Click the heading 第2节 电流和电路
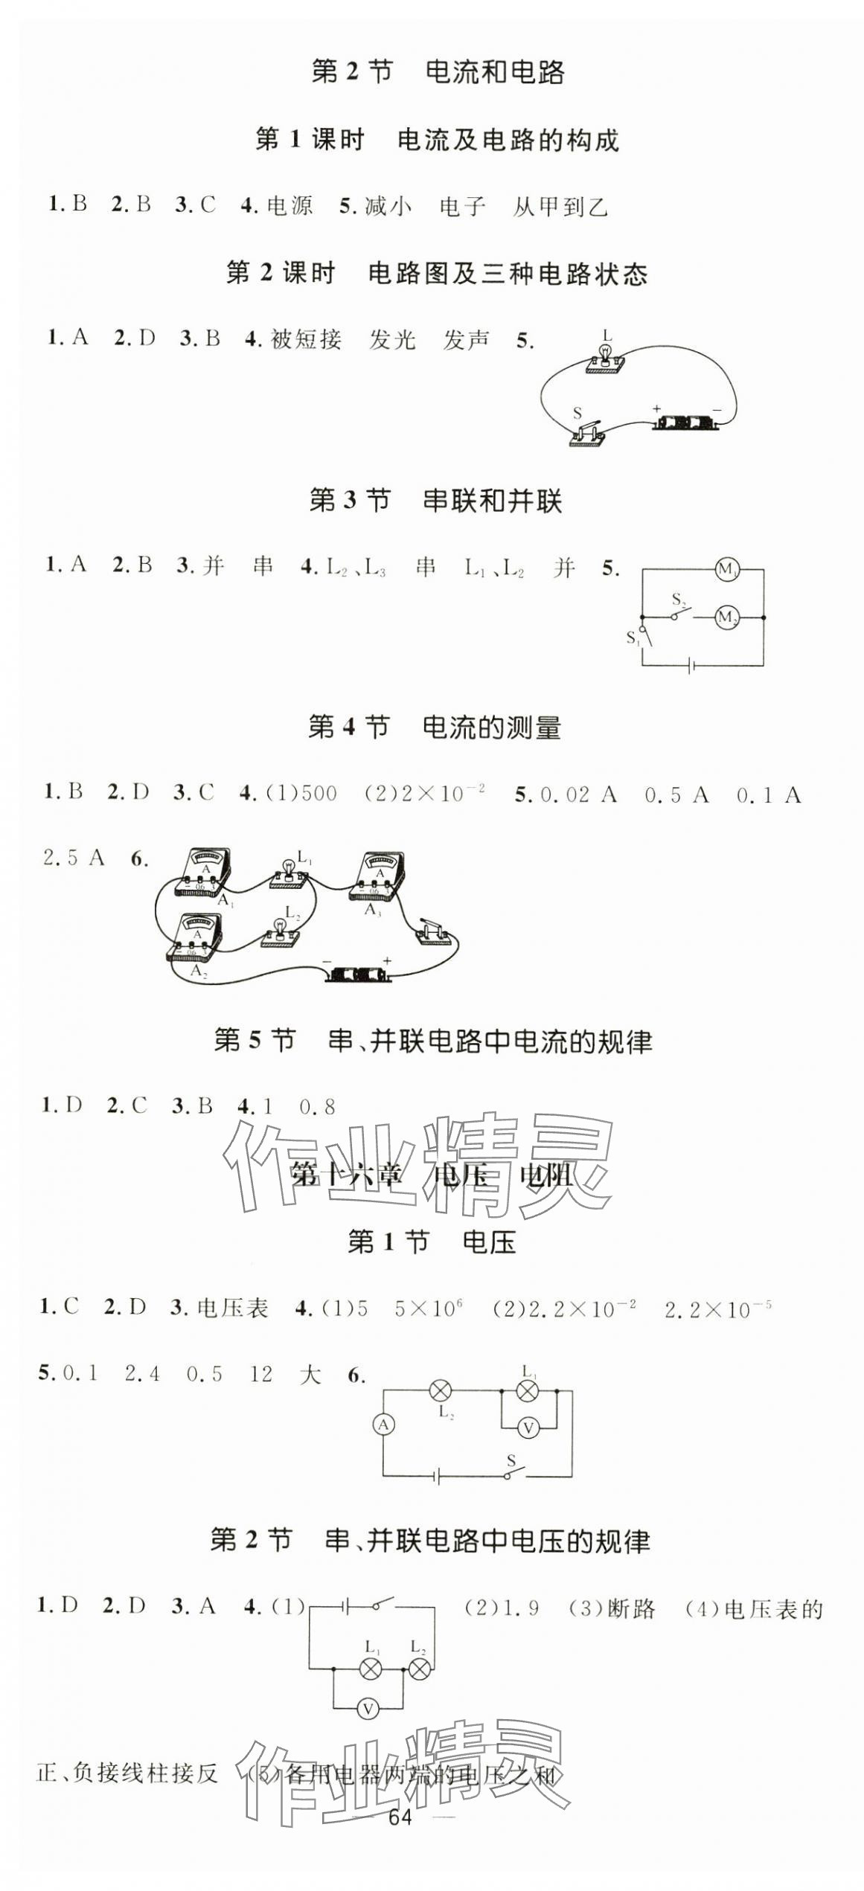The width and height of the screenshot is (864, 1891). (x=438, y=72)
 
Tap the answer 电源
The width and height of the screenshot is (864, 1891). (x=289, y=206)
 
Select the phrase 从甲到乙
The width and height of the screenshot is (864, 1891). (x=560, y=207)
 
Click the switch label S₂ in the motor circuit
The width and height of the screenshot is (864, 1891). (x=678, y=600)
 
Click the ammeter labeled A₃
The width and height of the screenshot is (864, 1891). (x=378, y=875)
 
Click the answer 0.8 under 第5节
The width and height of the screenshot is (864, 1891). (x=317, y=1107)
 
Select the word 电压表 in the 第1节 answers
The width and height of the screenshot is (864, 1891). (x=233, y=1309)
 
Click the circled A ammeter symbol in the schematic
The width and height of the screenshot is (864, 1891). (x=383, y=1425)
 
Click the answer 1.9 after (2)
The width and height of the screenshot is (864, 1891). (x=521, y=1609)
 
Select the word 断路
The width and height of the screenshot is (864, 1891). (x=631, y=1609)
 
